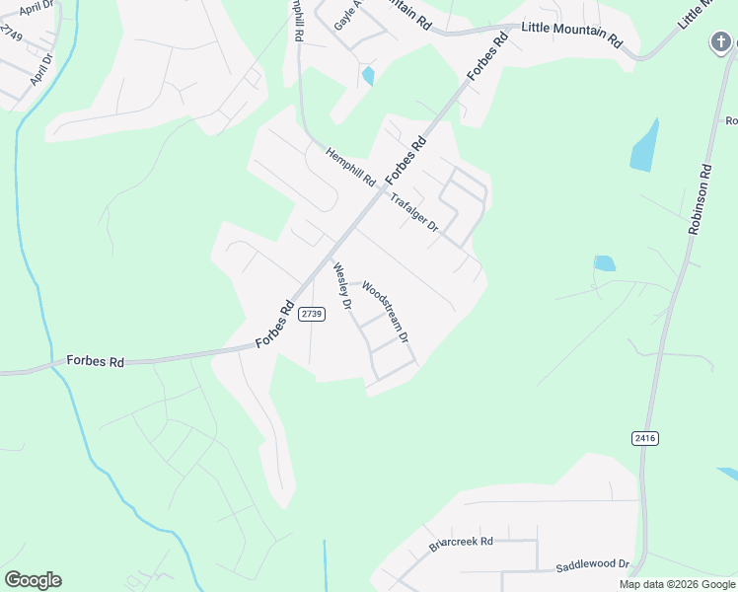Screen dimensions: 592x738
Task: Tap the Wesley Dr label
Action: coord(342,286)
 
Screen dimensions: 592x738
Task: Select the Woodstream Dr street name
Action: coord(385,311)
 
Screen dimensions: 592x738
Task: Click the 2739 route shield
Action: coord(312,314)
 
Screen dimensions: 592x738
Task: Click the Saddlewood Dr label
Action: coord(592,564)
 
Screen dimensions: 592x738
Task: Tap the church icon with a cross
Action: coord(721,42)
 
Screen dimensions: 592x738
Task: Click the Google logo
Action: coord(33,580)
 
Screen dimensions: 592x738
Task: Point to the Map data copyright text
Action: coord(676,584)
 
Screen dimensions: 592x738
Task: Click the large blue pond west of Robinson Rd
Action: coord(643,145)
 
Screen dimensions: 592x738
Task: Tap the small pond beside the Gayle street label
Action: coord(368,75)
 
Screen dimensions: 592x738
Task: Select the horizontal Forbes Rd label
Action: coord(95,362)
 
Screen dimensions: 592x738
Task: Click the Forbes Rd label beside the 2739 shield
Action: coord(275,324)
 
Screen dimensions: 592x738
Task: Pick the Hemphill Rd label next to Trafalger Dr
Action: coord(351,167)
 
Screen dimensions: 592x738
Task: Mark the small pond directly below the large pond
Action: coord(605,263)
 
